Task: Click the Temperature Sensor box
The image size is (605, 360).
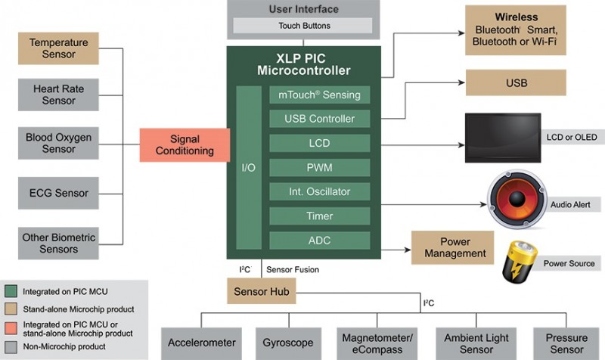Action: (59, 48)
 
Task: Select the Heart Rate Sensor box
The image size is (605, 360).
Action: (59, 95)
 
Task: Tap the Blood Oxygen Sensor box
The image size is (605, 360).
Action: (59, 143)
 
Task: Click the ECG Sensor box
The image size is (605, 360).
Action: (59, 193)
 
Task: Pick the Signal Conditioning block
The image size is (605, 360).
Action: (185, 145)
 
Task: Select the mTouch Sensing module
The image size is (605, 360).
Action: (320, 95)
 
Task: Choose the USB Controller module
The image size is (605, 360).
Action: (320, 119)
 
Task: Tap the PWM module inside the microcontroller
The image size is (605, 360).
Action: (320, 167)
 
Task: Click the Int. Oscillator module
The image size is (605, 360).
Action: (320, 191)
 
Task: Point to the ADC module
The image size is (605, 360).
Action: (320, 241)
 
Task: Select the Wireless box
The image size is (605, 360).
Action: (516, 29)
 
